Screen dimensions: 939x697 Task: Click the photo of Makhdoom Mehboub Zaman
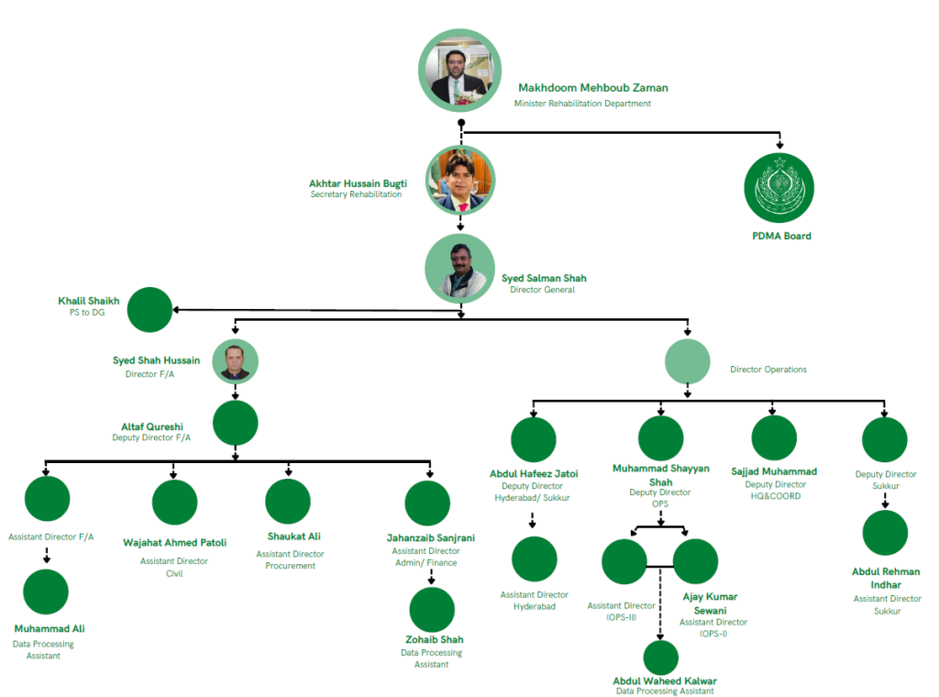tap(460, 70)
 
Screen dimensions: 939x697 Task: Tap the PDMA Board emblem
tap(779, 187)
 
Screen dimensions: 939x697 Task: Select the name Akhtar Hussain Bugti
tap(359, 183)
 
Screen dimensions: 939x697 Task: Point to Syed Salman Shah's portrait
tap(460, 269)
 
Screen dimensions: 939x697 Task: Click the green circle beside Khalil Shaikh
tap(149, 310)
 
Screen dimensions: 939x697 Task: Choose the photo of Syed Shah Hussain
tap(236, 361)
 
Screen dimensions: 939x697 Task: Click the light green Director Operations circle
tap(688, 361)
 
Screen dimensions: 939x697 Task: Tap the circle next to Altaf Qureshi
tap(236, 423)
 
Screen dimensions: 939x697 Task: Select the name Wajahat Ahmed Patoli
tap(175, 543)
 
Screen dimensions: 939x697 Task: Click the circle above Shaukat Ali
tap(288, 501)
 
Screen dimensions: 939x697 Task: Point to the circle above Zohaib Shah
tap(432, 610)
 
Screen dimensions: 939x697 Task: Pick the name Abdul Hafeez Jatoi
tap(534, 473)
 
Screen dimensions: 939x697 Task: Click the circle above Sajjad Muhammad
tap(774, 437)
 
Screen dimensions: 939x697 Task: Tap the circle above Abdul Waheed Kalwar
tap(660, 657)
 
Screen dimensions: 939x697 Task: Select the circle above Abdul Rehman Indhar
tap(885, 532)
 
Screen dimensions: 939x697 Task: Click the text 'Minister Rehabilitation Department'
tap(582, 104)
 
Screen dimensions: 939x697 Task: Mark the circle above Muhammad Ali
tap(46, 592)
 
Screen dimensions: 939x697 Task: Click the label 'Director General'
tap(543, 290)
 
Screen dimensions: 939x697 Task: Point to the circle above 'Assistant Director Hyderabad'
tap(535, 559)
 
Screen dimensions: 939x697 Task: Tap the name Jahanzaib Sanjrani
tap(431, 537)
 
